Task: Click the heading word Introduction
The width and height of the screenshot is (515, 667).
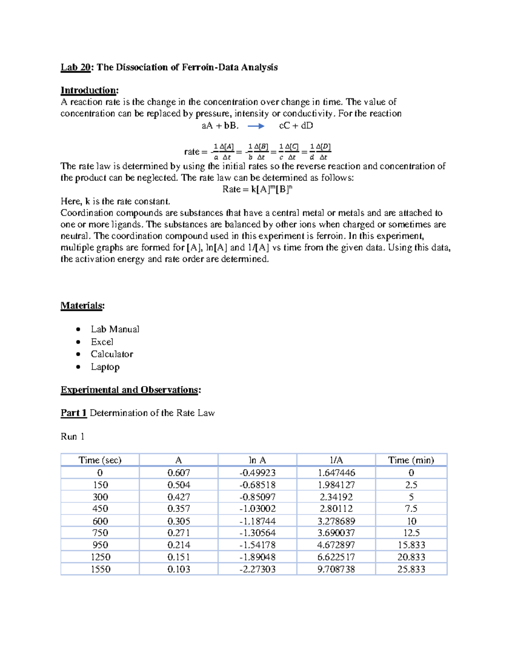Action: [89, 90]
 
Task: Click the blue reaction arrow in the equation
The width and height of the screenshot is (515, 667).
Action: [256, 126]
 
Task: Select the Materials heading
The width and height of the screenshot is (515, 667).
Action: [82, 306]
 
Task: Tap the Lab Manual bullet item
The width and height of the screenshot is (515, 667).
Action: [115, 329]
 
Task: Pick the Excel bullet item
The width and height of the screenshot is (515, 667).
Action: [102, 342]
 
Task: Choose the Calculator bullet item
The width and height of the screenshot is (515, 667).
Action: [112, 354]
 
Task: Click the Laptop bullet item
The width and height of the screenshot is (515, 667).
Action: [105, 367]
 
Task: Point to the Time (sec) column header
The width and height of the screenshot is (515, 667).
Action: [100, 460]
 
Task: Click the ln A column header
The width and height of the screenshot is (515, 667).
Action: [257, 460]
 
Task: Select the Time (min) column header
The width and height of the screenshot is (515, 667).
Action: [411, 460]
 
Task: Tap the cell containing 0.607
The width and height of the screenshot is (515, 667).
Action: [179, 473]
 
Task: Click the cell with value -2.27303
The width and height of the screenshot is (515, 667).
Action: [257, 569]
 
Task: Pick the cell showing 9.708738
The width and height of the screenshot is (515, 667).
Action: [336, 569]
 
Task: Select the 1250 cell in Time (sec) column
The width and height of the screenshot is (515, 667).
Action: [100, 557]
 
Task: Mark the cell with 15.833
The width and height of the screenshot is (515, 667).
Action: [411, 545]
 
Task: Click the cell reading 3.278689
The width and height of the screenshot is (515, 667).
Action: [336, 521]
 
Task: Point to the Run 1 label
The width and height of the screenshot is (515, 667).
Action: [72, 437]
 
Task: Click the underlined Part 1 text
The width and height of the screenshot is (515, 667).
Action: [73, 413]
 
